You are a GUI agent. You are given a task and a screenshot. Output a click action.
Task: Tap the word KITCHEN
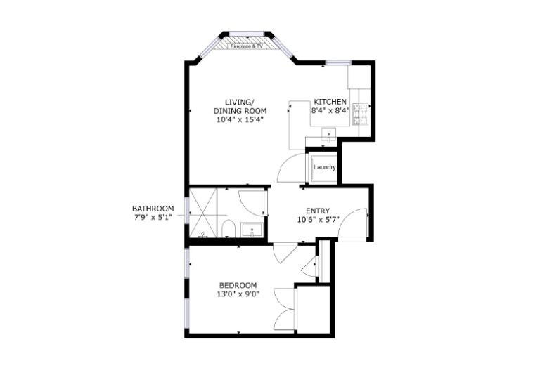click(330, 101)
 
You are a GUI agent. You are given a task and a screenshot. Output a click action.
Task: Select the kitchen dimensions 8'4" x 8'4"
click(330, 110)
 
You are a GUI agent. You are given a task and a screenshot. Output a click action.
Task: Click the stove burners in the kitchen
click(361, 114)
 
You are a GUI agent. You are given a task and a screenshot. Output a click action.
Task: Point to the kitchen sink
click(329, 133)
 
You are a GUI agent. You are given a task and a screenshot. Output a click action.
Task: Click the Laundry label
click(324, 167)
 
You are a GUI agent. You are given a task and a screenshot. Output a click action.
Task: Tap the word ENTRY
click(318, 211)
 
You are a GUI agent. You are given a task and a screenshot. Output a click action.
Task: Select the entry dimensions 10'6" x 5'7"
click(318, 220)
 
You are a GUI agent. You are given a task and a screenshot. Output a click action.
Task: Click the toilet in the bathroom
click(228, 229)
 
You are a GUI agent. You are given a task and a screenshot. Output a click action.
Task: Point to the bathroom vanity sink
click(251, 229)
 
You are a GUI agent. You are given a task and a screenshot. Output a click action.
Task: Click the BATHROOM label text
click(153, 209)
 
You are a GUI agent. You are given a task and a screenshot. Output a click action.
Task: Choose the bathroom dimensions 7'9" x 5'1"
click(153, 218)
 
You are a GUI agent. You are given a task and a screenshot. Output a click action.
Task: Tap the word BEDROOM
click(238, 285)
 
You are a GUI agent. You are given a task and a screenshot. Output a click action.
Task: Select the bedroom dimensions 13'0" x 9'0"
click(238, 294)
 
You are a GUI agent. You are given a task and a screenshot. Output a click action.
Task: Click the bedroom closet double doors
click(286, 308)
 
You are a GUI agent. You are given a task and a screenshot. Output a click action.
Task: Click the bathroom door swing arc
click(251, 202)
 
